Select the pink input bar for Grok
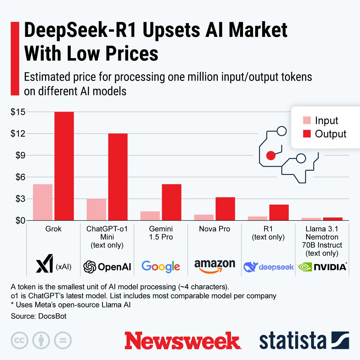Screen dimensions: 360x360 (43, 202)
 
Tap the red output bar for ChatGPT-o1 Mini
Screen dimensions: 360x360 (118, 177)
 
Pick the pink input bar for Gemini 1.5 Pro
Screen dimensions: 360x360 (150, 216)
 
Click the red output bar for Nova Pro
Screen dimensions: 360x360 (225, 209)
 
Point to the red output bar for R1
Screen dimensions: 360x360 (279, 212)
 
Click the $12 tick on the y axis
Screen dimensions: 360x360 (18, 133)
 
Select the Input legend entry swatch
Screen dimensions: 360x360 (307, 120)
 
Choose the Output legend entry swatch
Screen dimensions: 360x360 (307, 133)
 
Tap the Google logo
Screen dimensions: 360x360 (161, 266)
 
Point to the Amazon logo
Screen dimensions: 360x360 (214, 266)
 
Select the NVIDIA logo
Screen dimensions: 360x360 (322, 267)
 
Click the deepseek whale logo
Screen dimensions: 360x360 (250, 267)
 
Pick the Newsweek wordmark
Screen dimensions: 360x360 (183, 340)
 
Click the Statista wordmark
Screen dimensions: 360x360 (292, 341)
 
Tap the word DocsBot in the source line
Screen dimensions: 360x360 (52, 316)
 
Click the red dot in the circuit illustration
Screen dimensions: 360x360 (271, 155)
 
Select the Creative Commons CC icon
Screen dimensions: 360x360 (19, 340)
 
